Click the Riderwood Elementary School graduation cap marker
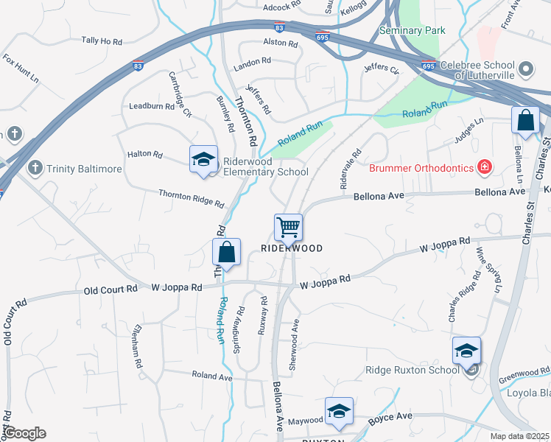tap(204, 160)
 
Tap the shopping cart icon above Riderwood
tap(288, 227)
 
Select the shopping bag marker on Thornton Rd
tap(227, 252)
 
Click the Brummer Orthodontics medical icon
tap(485, 167)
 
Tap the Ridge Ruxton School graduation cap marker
tap(466, 351)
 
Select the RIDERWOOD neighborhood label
tap(292, 248)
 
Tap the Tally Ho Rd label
tap(102, 41)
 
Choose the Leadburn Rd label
tap(151, 106)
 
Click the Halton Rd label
tap(144, 155)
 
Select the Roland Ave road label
tap(211, 376)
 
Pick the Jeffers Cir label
tap(381, 70)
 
